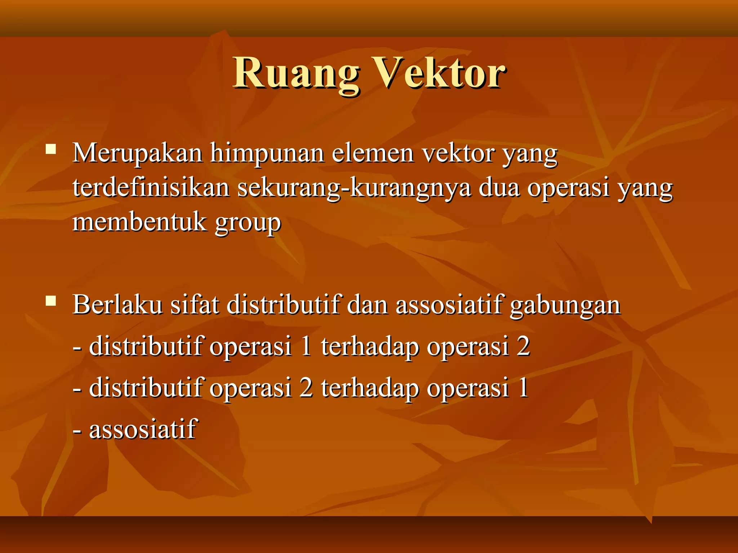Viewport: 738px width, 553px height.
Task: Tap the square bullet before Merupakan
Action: pyautogui.click(x=51, y=149)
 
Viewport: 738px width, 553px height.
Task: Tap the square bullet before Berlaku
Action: pyautogui.click(x=51, y=301)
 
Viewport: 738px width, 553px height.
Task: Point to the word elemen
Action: pyautogui.click(x=372, y=153)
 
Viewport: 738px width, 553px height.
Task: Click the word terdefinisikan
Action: pyautogui.click(x=151, y=188)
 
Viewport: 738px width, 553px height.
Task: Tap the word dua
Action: pyautogui.click(x=499, y=188)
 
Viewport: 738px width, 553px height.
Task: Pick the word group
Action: pyautogui.click(x=248, y=223)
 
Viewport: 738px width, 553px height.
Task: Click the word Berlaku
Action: pyautogui.click(x=117, y=305)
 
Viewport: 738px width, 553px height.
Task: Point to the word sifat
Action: pyautogui.click(x=195, y=305)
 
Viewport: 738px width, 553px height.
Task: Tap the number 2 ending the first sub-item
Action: pyautogui.click(x=523, y=346)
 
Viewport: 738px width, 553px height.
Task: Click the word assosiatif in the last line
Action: pyautogui.click(x=143, y=429)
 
